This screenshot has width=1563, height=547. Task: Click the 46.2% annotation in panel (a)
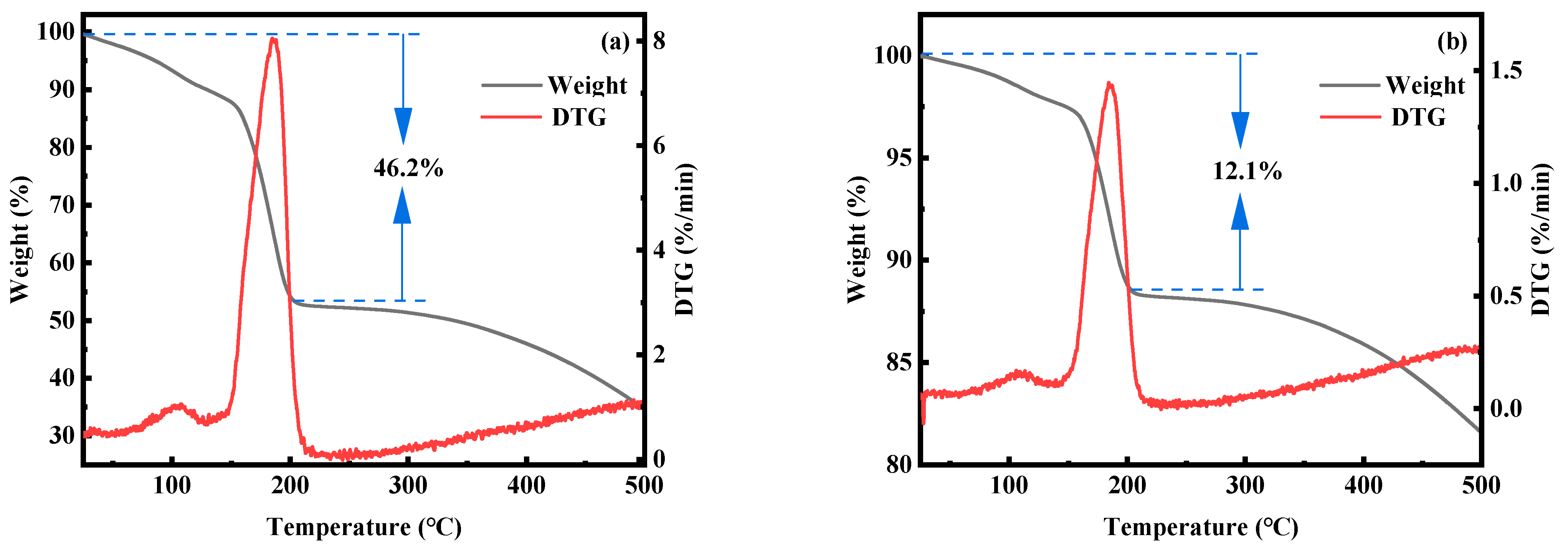(408, 168)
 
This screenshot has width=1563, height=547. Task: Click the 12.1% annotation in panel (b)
(1247, 171)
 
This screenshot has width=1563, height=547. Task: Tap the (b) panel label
(1452, 43)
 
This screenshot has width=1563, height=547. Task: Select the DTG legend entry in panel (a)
(578, 117)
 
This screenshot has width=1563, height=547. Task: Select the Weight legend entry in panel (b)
(1425, 85)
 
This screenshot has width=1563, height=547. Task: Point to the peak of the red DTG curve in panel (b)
(1110, 84)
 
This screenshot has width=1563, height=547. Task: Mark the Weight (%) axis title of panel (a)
(20, 239)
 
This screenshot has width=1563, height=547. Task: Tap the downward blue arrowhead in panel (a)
(403, 125)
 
